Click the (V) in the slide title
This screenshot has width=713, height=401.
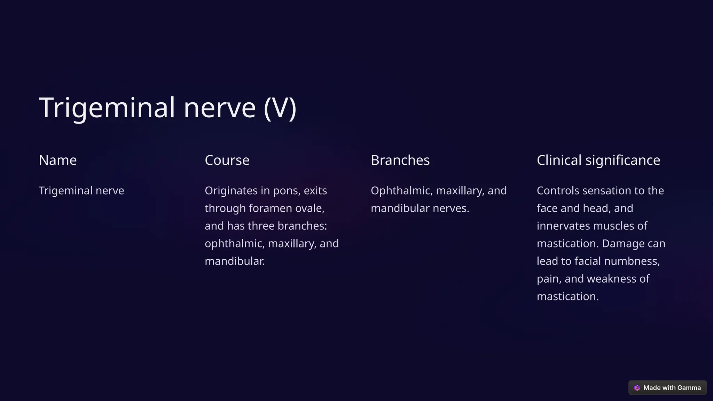(280, 108)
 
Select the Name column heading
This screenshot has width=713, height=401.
(58, 160)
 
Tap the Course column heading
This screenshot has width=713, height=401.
(227, 160)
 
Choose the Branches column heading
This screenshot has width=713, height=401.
(400, 160)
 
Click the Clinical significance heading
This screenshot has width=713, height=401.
(598, 160)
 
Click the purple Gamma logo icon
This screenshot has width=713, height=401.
(637, 388)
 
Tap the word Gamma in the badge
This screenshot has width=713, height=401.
(689, 388)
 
